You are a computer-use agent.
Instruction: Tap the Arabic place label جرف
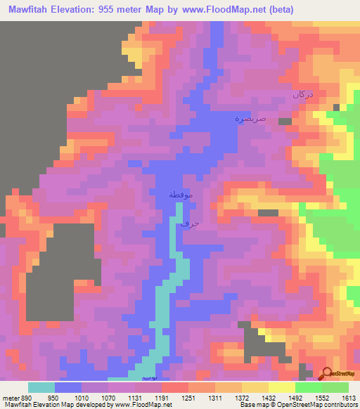coord(191,223)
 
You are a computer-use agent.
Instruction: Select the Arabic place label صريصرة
coord(250,119)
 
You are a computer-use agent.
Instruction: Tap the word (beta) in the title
coord(279,9)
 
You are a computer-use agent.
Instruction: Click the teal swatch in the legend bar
coord(41,387)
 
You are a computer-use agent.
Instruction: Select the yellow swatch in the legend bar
coord(281,387)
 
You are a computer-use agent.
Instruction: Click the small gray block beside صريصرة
coord(285,122)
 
